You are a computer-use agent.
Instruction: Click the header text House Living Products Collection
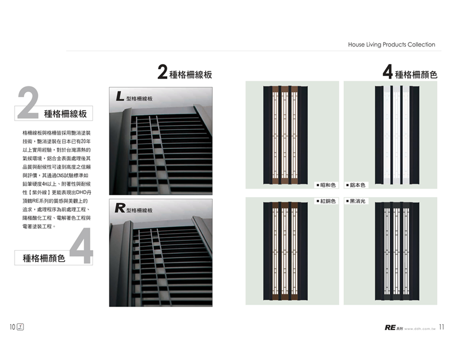391,45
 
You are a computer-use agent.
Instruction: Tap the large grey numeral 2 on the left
28,102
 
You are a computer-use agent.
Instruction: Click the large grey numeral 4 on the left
81,245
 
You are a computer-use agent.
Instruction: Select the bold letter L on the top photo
120,96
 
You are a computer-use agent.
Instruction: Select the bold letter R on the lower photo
120,207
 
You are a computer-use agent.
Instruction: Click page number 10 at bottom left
12,327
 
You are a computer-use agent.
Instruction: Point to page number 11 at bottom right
441,327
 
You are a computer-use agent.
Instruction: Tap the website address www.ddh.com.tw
420,328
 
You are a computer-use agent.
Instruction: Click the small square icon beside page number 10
20,327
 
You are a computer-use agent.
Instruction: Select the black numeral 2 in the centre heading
162,72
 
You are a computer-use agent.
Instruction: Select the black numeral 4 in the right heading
388,72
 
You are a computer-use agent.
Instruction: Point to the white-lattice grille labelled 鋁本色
397,135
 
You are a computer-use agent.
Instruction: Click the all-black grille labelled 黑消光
397,251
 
